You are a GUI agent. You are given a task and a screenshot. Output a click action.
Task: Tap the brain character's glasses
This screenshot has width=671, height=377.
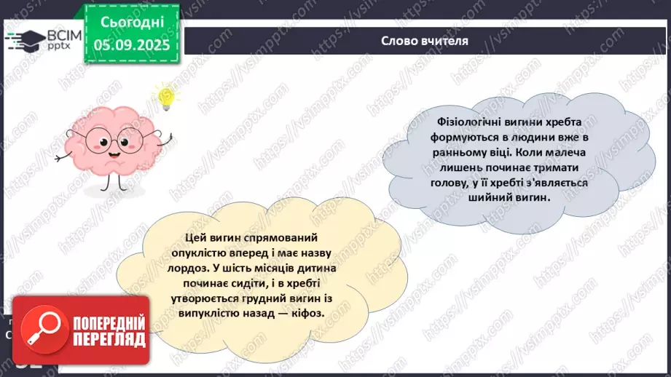113,139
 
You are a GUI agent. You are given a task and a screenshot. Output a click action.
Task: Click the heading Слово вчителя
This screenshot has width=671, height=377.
425,41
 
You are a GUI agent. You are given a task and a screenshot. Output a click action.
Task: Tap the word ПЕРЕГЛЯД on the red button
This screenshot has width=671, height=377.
109,339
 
